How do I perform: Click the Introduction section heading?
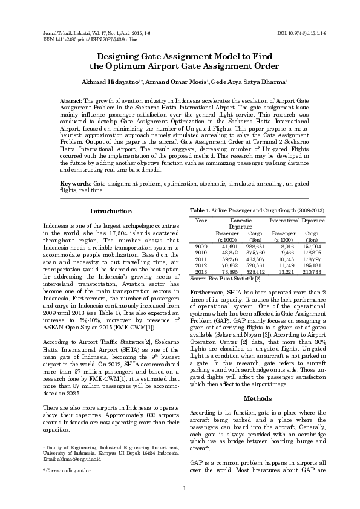tap(111, 211)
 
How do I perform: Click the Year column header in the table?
tap(201, 221)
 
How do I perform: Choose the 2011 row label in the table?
tap(201, 258)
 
